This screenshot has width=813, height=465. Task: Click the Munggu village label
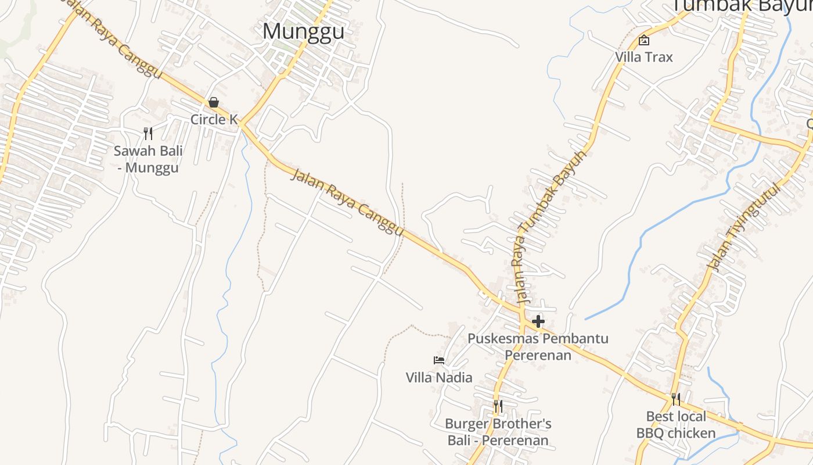pyautogui.click(x=303, y=31)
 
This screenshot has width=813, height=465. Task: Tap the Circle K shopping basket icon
pyautogui.click(x=214, y=102)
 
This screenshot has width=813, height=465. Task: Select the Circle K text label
pyautogui.click(x=214, y=120)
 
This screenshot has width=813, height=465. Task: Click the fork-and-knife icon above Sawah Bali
pyautogui.click(x=148, y=134)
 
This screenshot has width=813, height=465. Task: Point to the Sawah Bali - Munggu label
pyautogui.click(x=148, y=160)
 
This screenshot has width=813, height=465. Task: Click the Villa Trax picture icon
pyautogui.click(x=644, y=40)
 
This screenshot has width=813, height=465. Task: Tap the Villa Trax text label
pyautogui.click(x=644, y=57)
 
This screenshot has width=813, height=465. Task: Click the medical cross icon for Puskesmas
pyautogui.click(x=538, y=321)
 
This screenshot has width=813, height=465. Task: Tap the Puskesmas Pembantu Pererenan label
pyautogui.click(x=538, y=346)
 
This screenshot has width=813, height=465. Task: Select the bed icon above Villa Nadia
pyautogui.click(x=439, y=360)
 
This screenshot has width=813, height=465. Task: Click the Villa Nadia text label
pyautogui.click(x=439, y=378)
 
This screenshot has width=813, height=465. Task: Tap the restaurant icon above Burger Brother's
pyautogui.click(x=498, y=406)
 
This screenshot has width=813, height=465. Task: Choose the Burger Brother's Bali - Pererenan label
pyautogui.click(x=498, y=432)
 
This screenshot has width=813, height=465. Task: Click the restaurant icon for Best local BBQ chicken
pyautogui.click(x=676, y=399)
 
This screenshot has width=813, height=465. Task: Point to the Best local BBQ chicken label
pyautogui.click(x=676, y=425)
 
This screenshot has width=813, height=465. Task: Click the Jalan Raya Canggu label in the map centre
pyautogui.click(x=347, y=202)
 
